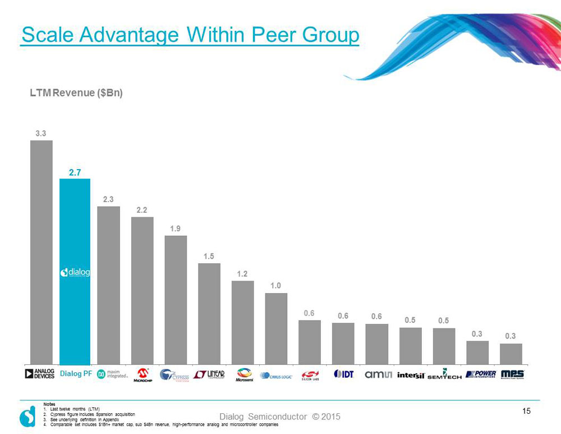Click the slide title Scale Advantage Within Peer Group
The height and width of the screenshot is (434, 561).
tap(190, 35)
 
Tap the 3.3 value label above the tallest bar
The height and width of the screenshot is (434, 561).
tap(41, 134)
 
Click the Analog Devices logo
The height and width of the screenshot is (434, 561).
tap(41, 374)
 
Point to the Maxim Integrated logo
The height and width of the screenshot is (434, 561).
tap(113, 374)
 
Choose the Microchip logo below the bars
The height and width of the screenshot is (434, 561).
tap(142, 375)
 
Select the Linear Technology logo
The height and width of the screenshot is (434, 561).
tap(209, 374)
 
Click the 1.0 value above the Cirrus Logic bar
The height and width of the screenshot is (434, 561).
tap(275, 286)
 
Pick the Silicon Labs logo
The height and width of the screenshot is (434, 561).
tap(310, 375)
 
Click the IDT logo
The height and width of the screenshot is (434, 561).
tap(343, 374)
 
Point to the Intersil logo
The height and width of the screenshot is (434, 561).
tap(411, 374)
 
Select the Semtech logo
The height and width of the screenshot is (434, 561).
tap(444, 374)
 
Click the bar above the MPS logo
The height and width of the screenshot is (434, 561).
tap(511, 354)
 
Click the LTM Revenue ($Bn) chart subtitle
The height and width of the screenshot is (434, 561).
tap(76, 93)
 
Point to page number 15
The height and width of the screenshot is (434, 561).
tap(526, 412)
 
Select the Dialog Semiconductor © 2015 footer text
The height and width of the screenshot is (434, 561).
tap(280, 417)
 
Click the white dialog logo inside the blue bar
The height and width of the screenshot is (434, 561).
tap(75, 272)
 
